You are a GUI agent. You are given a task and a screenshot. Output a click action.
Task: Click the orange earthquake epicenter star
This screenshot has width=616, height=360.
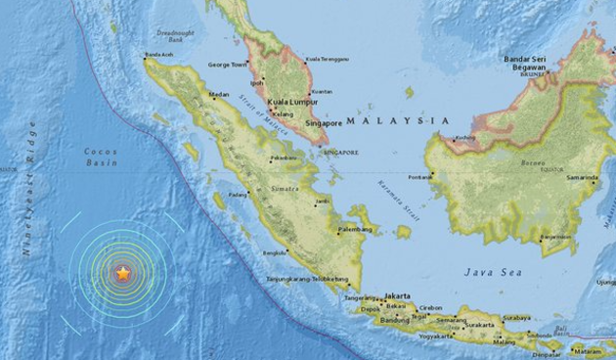122,276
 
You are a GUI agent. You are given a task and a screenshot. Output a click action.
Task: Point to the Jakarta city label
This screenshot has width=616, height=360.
396,294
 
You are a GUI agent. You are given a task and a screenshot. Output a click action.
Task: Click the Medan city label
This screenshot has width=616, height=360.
220,95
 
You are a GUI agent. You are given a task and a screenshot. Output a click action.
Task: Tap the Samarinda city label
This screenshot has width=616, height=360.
581,178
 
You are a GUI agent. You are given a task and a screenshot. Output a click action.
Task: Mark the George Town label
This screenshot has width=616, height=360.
225,66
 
